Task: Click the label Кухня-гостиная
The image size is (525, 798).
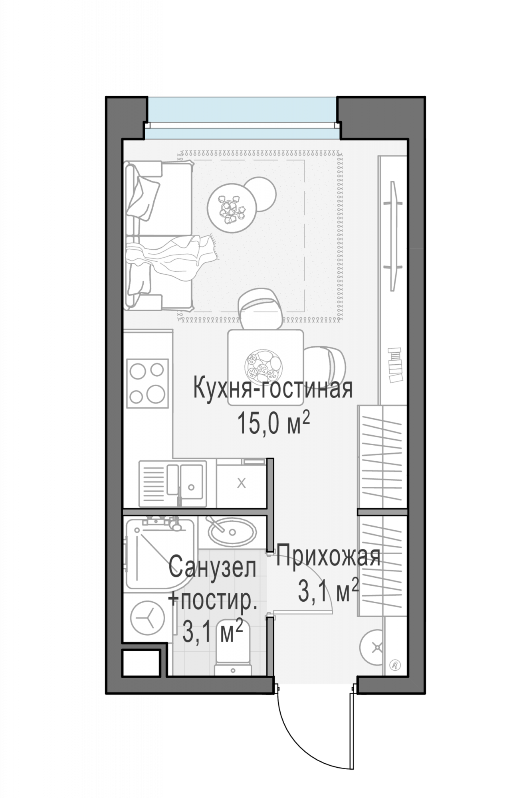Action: (x=273, y=389)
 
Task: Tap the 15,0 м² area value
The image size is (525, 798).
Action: (x=274, y=423)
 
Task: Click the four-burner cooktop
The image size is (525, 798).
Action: (x=147, y=383)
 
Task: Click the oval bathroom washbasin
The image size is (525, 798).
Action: (x=232, y=531)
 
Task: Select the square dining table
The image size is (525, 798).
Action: (x=265, y=367)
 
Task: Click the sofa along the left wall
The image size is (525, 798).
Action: (x=158, y=235)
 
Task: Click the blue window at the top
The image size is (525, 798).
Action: (x=242, y=118)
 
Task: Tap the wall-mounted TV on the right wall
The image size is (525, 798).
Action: (x=393, y=235)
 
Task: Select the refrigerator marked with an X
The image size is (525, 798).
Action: (x=241, y=484)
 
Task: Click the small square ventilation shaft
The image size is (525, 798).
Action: (x=141, y=663)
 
